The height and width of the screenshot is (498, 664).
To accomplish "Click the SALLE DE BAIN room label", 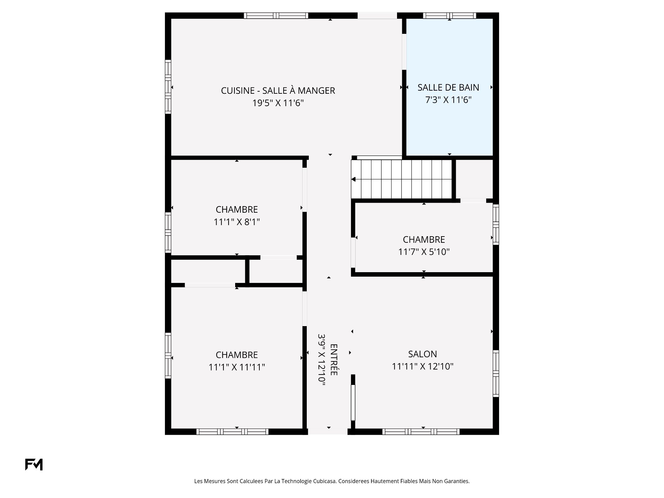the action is [448, 87].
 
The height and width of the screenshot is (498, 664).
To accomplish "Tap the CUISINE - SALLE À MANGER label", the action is [278, 91].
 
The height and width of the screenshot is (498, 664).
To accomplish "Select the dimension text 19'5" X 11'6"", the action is [278, 103].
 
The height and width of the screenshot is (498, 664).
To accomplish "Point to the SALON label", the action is [422, 354].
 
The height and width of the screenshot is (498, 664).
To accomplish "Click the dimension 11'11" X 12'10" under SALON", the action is [422, 367].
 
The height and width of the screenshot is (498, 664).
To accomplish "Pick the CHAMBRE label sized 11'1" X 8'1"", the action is [237, 210].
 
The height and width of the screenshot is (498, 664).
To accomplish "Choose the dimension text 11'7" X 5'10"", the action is [424, 252].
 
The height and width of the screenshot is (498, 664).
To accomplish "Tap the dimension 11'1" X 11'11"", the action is [237, 367].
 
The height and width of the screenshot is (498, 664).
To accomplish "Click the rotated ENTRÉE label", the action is [334, 359].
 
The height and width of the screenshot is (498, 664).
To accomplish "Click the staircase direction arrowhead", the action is [353, 179].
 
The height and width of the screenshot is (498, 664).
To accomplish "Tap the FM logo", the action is [34, 464].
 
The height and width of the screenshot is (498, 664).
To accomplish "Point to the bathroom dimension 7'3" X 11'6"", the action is [448, 100].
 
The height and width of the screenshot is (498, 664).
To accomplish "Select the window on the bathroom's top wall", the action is [449, 16].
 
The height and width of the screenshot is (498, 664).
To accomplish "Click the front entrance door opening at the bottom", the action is [328, 432].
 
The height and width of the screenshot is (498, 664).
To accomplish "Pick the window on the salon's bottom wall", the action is [421, 432].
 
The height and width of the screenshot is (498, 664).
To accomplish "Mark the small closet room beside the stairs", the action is [474, 179].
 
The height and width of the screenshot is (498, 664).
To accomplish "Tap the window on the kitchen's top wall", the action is [276, 16].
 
